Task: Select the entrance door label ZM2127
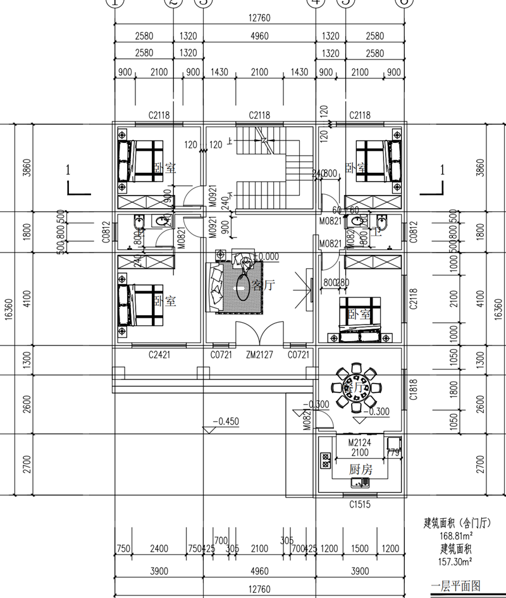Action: (x=259, y=355)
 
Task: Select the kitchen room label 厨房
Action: (x=361, y=470)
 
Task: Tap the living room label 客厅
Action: (x=264, y=285)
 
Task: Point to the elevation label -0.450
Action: (x=224, y=421)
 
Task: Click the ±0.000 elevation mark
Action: (x=265, y=256)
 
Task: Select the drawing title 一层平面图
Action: (x=455, y=585)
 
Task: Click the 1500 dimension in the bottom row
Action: (x=359, y=548)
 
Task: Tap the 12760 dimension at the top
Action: (x=259, y=18)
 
